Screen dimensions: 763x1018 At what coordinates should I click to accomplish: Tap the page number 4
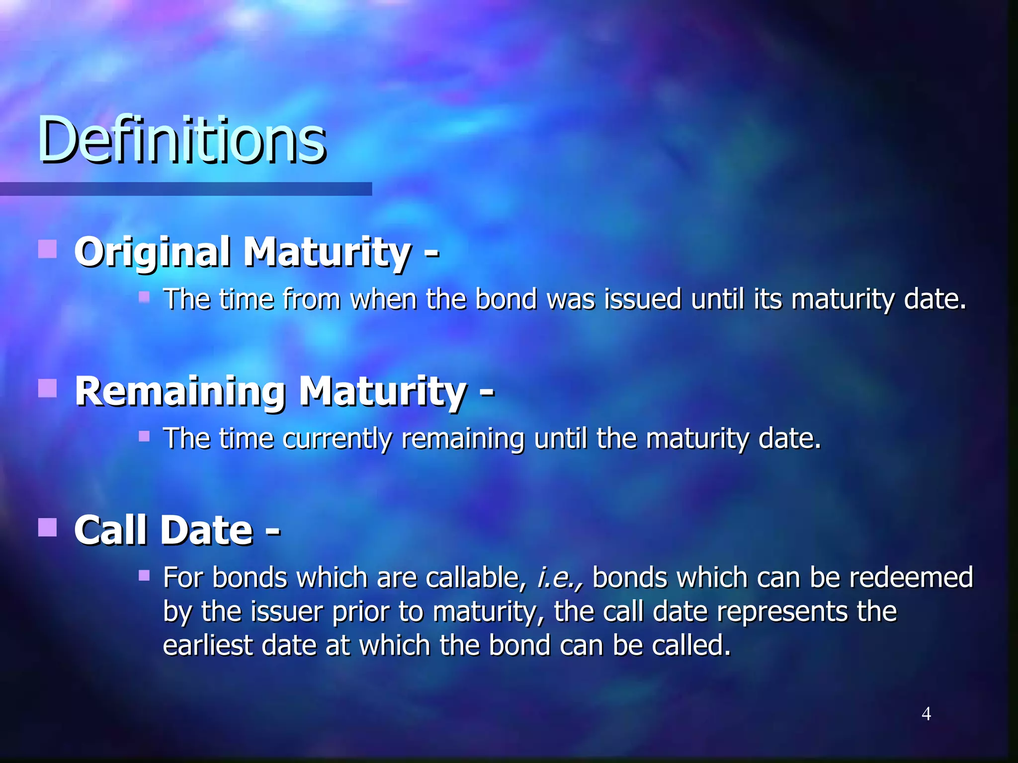(926, 714)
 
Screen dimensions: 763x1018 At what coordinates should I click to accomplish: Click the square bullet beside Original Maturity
(47, 249)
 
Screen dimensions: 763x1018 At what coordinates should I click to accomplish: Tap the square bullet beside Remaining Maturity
(47, 388)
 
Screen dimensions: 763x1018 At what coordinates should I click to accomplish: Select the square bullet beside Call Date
(47, 527)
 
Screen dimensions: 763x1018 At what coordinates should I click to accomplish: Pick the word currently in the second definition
(337, 439)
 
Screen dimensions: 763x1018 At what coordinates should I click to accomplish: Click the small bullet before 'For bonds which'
(144, 576)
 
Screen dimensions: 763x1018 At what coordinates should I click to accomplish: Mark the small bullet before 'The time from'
(144, 297)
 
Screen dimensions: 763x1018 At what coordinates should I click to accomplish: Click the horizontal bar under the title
(186, 189)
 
